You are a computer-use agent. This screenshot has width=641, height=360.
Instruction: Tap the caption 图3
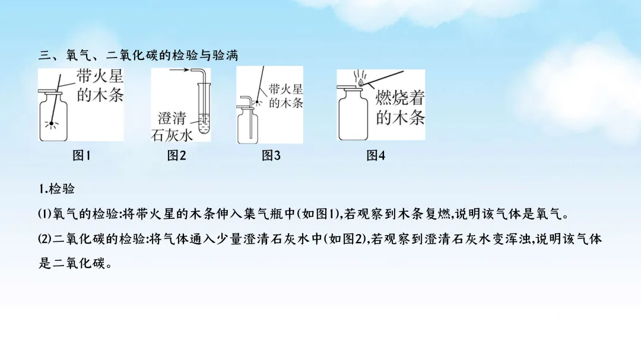tap(271, 156)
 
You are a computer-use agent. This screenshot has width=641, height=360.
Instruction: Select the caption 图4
tap(376, 156)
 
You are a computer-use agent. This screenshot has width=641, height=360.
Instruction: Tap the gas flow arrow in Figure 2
tap(183, 71)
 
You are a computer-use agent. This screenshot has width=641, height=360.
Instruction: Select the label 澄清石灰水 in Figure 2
tap(173, 126)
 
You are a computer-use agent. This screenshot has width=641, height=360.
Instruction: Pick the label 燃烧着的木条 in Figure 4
tap(401, 108)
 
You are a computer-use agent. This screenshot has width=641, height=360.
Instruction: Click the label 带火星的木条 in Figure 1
tap(100, 86)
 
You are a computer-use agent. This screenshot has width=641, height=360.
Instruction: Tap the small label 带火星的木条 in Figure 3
tap(285, 95)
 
